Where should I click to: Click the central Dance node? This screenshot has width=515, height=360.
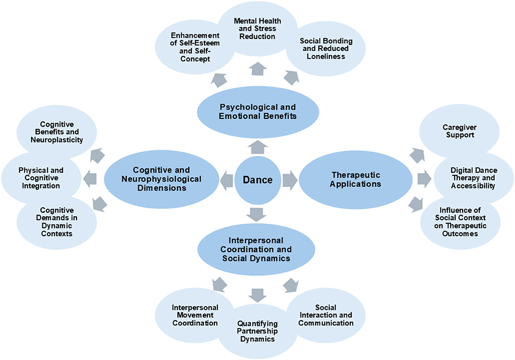coord(257,180)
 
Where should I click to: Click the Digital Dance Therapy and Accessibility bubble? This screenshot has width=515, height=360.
coord(473,178)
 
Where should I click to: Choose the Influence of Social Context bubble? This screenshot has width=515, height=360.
coord(460,222)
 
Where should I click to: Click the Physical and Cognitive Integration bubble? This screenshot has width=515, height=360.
coord(41,178)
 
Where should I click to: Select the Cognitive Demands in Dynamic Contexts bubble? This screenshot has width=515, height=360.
coord(57,222)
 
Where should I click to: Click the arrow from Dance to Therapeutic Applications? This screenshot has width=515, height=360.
coord(290,180)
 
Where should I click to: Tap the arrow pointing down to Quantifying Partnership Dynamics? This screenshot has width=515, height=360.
coord(257,293)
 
